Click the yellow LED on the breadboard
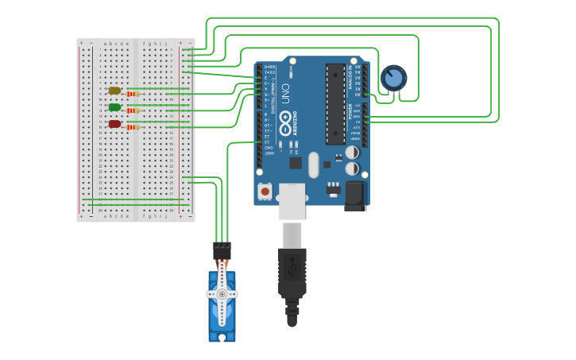pyautogui.click(x=114, y=91)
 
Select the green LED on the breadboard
pyautogui.click(x=114, y=107)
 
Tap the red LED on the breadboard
pyautogui.click(x=114, y=124)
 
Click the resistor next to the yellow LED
pyautogui.click(x=133, y=94)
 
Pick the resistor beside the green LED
pyautogui.click(x=133, y=110)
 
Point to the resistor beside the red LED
pyautogui.click(x=133, y=127)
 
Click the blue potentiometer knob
pyautogui.click(x=393, y=78)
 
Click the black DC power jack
pyautogui.click(x=354, y=195)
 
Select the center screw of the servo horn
pyautogui.click(x=222, y=293)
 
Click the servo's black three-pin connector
pyautogui.click(x=222, y=250)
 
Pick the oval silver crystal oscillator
pyautogui.click(x=314, y=165)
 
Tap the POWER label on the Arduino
pyautogui.click(x=350, y=111)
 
